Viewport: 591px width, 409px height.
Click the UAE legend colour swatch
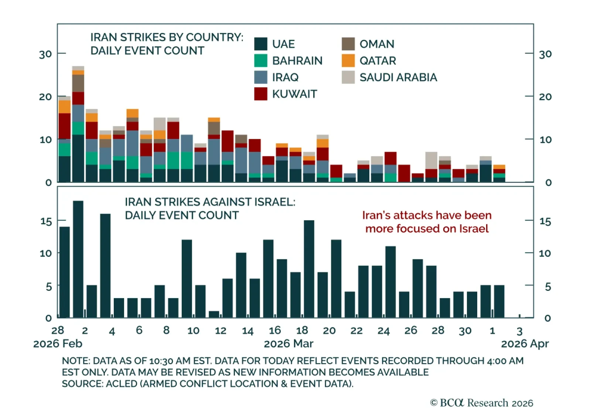[261, 44]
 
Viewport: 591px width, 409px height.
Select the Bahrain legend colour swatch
[261, 61]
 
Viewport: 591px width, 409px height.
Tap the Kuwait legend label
[294, 94]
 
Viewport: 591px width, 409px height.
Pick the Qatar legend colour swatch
[348, 61]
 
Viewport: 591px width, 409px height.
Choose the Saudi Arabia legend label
[398, 78]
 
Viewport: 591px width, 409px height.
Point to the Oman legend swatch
[348, 44]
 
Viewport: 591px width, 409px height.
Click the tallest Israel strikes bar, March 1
[78, 259]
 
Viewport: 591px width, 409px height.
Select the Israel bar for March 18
[309, 269]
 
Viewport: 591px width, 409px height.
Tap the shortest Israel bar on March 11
[214, 314]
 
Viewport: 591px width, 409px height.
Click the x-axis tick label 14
[247, 331]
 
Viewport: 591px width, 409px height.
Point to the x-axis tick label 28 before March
[58, 330]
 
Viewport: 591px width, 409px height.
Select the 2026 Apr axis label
[525, 344]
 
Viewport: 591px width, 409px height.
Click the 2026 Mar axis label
[288, 344]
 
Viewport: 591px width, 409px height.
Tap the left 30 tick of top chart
[45, 54]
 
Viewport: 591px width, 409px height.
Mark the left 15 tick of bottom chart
[46, 221]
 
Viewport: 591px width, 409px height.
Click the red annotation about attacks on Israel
[427, 222]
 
